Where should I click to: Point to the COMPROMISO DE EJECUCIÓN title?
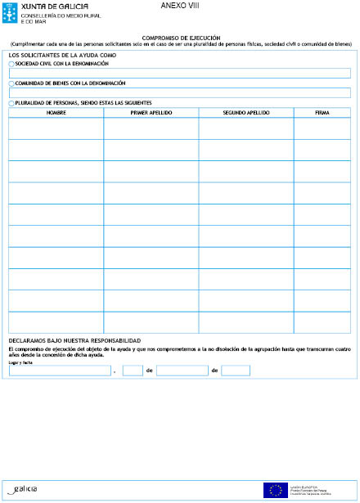pyautogui.click(x=181, y=38)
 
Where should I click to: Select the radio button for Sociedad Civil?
pyautogui.click(x=11, y=64)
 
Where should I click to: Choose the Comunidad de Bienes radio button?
pyautogui.click(x=11, y=83)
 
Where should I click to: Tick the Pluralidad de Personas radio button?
pyautogui.click(x=11, y=103)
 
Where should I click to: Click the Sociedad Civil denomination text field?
pyautogui.click(x=179, y=73)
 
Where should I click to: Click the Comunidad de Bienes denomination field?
pyautogui.click(x=179, y=92)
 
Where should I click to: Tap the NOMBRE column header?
pyautogui.click(x=56, y=112)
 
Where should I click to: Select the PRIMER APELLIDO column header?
pyautogui.click(x=151, y=112)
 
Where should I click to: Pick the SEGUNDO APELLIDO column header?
pyautogui.click(x=245, y=112)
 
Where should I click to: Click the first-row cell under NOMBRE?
pyautogui.click(x=56, y=128)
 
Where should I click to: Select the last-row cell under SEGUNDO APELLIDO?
pyautogui.click(x=245, y=322)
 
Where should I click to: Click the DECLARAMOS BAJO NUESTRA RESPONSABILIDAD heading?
pyautogui.click(x=74, y=340)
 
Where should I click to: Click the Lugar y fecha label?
pyautogui.click(x=20, y=362)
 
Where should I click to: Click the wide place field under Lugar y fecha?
pyautogui.click(x=59, y=371)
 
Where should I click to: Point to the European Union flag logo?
pyautogui.click(x=273, y=490)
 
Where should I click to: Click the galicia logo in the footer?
pyautogui.click(x=22, y=489)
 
